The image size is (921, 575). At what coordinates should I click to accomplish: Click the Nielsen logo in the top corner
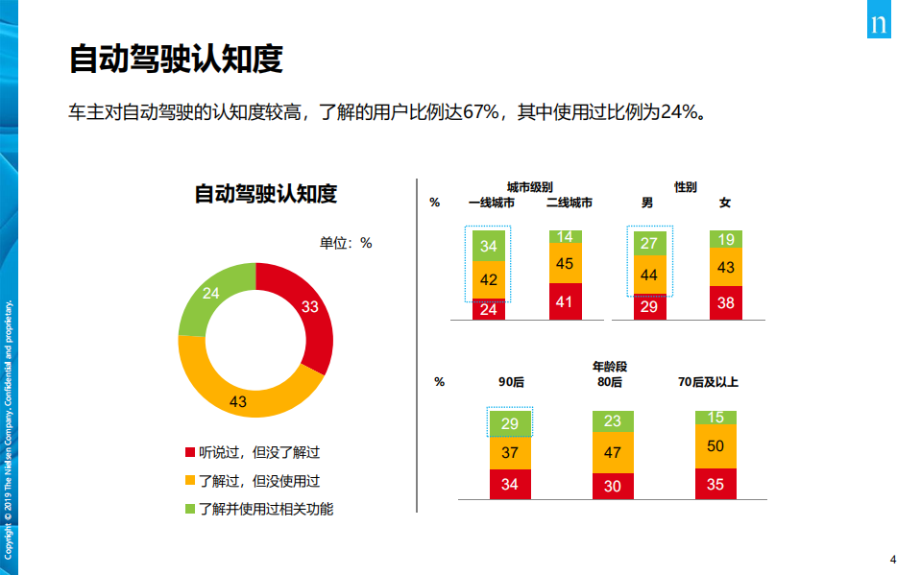coord(879,23)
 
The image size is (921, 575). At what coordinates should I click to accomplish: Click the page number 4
coord(893,560)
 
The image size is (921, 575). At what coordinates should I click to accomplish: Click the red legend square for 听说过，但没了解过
coord(190,452)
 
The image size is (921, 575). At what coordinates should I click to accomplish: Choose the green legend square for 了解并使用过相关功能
coord(190,509)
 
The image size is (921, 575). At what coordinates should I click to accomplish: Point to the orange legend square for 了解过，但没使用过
coord(190,480)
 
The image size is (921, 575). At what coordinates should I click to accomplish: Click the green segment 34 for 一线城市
coord(488,246)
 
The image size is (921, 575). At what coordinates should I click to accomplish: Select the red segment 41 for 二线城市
coord(564,301)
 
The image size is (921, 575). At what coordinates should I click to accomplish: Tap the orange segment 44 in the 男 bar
coord(649,275)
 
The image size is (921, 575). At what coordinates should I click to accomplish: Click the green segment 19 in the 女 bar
coord(726,239)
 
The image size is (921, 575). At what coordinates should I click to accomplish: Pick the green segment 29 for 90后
coord(509,423)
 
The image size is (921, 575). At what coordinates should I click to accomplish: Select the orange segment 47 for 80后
coord(613,452)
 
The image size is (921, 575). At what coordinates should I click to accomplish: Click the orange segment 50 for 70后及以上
coord(715,446)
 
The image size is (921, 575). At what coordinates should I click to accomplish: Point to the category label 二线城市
coord(569,203)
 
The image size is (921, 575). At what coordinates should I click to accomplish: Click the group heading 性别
coord(685,187)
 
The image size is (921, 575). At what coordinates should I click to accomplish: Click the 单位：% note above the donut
coord(346,243)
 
